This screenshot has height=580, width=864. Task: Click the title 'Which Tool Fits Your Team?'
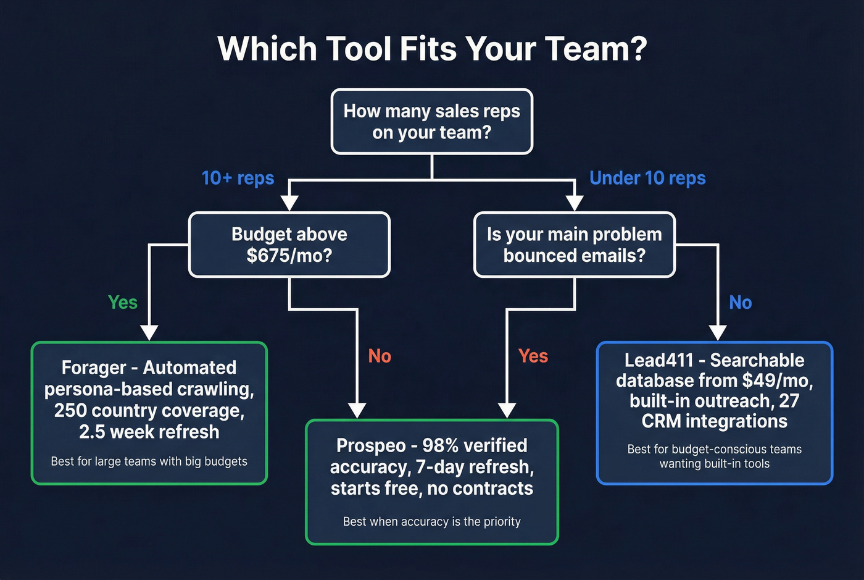432,48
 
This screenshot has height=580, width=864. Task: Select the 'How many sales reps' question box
431,122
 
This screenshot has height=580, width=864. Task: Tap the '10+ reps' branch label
238,178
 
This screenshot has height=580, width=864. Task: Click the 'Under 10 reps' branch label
647,178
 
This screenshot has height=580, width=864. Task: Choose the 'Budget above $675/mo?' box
289,245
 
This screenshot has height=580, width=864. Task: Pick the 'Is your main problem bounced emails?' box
574,245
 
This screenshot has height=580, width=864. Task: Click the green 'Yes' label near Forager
123,302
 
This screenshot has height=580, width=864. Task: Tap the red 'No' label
380,356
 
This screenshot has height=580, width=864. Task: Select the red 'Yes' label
533,356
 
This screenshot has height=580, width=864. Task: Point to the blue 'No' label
740,302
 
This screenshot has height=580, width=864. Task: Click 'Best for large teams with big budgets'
149,461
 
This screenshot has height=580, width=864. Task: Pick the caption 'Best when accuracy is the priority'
431,522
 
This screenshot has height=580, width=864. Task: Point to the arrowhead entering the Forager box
149,332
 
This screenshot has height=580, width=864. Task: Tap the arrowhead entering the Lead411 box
717,332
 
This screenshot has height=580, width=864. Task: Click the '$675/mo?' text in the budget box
289,256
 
